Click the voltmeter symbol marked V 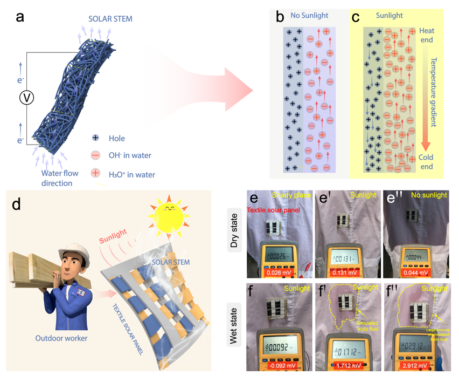26,97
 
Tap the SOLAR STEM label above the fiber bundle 110,19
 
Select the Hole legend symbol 95,139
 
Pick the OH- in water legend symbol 95,155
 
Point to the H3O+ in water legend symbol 95,173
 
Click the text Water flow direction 60,178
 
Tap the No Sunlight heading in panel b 310,16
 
